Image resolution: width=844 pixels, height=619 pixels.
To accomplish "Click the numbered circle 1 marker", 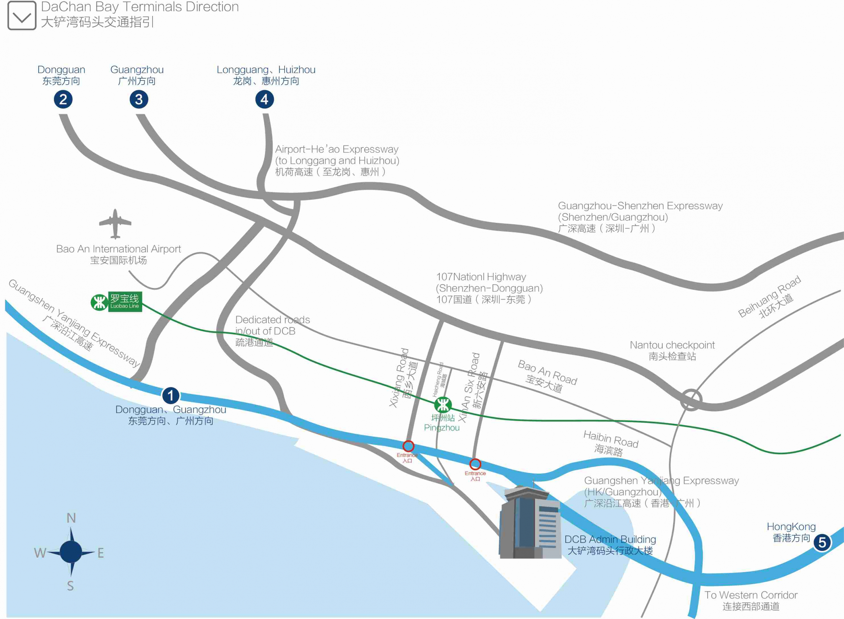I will [x=170, y=395].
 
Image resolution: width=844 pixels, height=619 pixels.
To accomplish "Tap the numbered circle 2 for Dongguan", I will [x=63, y=99].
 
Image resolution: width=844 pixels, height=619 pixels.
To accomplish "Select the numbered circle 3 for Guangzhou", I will [x=138, y=99].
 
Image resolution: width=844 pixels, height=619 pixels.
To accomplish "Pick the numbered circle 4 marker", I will [x=264, y=99].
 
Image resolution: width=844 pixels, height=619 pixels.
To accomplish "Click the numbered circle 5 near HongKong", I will [x=822, y=542].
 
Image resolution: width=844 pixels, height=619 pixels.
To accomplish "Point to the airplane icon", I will [x=115, y=224].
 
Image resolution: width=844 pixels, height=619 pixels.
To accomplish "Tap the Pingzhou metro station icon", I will [x=442, y=405].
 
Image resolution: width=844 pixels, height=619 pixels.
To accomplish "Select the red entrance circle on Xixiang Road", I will [x=408, y=446].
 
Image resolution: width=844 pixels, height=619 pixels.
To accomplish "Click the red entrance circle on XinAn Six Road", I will [x=475, y=464].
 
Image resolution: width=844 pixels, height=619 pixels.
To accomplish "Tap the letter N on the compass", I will [x=71, y=518].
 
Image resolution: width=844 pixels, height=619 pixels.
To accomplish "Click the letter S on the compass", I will [x=71, y=586].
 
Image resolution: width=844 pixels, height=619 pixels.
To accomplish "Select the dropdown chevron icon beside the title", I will [x=22, y=16].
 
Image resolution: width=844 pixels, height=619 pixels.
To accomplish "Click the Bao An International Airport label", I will [x=118, y=254].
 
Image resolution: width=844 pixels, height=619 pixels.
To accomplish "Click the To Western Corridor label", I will [x=751, y=600].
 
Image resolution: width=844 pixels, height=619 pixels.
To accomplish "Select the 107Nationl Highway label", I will [x=489, y=288].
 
